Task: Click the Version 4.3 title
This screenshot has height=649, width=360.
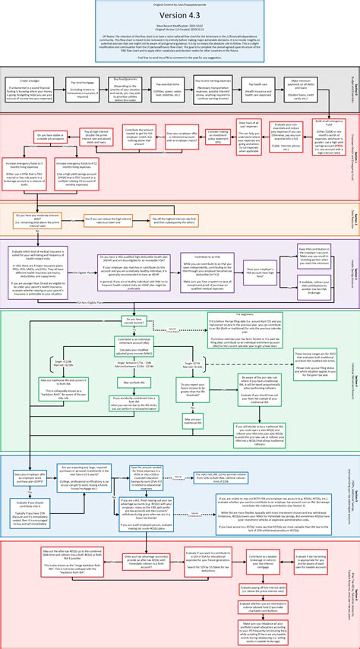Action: (180, 17)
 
